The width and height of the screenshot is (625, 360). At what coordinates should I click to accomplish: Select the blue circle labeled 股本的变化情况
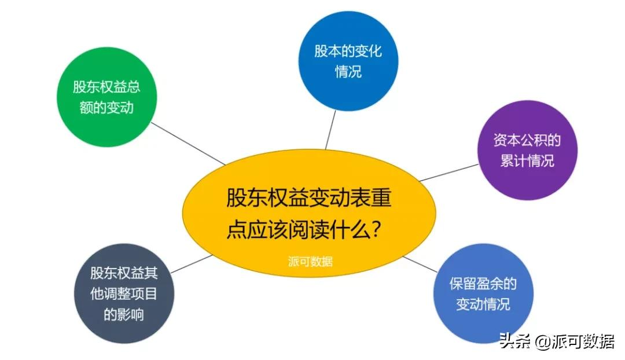click(348, 61)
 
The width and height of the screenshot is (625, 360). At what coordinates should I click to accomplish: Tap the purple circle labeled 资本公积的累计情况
click(527, 150)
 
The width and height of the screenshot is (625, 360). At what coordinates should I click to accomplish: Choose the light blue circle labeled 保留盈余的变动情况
click(483, 293)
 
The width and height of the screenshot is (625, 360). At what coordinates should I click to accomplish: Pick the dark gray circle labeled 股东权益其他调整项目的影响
click(124, 293)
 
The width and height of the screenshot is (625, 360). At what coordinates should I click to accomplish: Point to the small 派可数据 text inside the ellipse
click(310, 261)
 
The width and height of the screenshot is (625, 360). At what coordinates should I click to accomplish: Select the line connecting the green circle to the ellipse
click(189, 144)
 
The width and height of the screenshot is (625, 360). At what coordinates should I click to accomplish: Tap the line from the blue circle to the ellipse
click(330, 130)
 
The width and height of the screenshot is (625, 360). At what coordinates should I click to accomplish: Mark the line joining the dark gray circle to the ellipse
click(192, 264)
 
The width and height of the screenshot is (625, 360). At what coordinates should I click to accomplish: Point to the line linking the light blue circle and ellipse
click(421, 265)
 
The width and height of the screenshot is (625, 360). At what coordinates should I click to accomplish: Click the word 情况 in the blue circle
click(348, 72)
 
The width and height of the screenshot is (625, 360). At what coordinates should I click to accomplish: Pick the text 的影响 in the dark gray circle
click(124, 314)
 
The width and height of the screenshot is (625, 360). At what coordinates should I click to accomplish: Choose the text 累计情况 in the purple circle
click(527, 160)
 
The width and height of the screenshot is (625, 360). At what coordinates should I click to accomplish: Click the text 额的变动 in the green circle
click(106, 108)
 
